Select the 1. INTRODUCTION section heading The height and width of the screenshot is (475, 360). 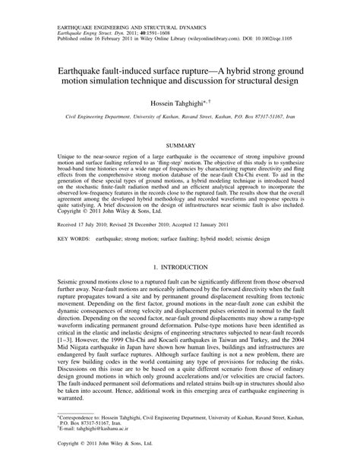click(180, 268)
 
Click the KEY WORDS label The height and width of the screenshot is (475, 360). click(74, 237)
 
